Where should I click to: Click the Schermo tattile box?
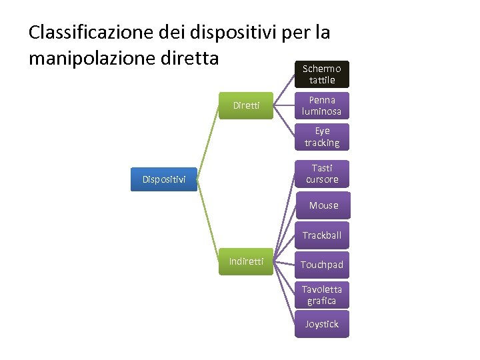pyautogui.click(x=322, y=74)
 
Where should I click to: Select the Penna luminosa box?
pyautogui.click(x=322, y=106)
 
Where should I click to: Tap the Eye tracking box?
pyautogui.click(x=322, y=137)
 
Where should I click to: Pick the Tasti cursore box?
pyautogui.click(x=322, y=174)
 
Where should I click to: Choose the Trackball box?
pyautogui.click(x=322, y=235)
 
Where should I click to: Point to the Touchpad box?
pyautogui.click(x=322, y=265)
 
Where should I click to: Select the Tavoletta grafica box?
pyautogui.click(x=322, y=295)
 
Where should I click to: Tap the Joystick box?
pyautogui.click(x=322, y=325)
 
